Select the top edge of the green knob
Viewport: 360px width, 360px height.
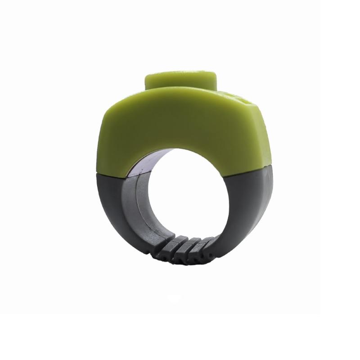tap(180, 72)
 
